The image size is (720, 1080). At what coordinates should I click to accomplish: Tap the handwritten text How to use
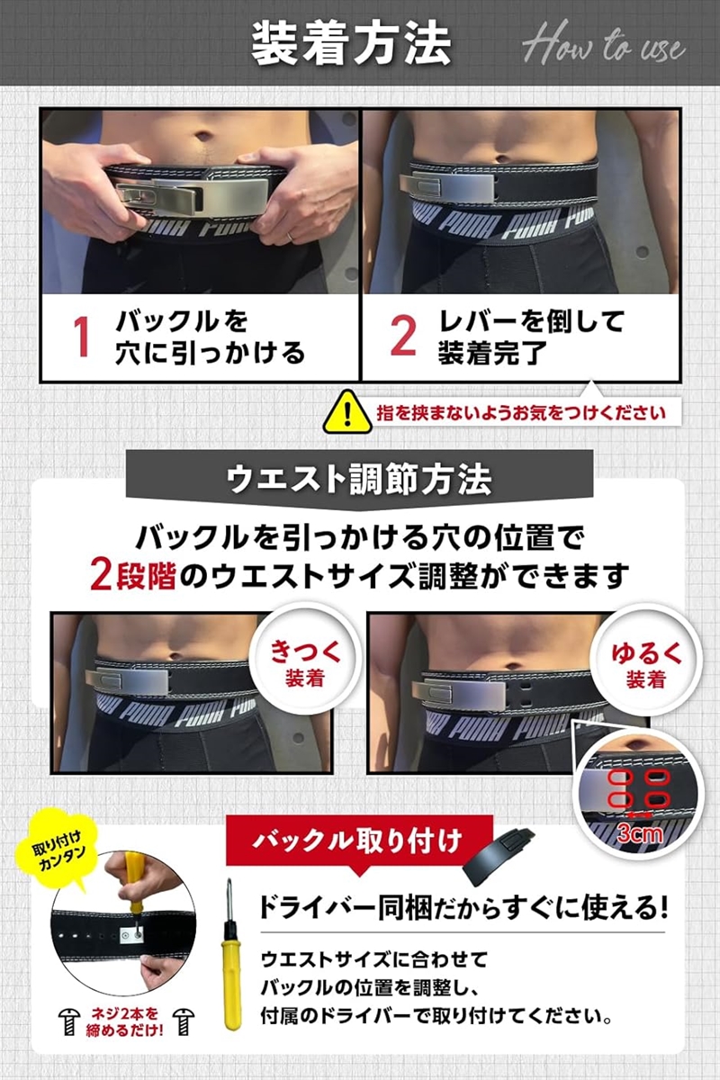pyautogui.click(x=604, y=45)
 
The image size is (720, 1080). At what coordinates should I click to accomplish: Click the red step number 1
pyautogui.click(x=81, y=336)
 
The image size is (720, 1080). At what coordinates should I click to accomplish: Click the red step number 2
pyautogui.click(x=402, y=336)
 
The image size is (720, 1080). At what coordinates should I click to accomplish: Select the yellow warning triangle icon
pyautogui.click(x=345, y=412)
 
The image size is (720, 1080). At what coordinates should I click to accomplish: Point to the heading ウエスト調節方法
pyautogui.click(x=359, y=478)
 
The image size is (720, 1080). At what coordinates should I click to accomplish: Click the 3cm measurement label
pyautogui.click(x=639, y=833)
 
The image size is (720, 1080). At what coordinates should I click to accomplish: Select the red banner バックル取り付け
pyautogui.click(x=358, y=841)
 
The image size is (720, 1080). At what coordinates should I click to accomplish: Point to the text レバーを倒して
pyautogui.click(x=531, y=322)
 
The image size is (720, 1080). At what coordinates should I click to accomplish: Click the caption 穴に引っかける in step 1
pyautogui.click(x=210, y=352)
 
